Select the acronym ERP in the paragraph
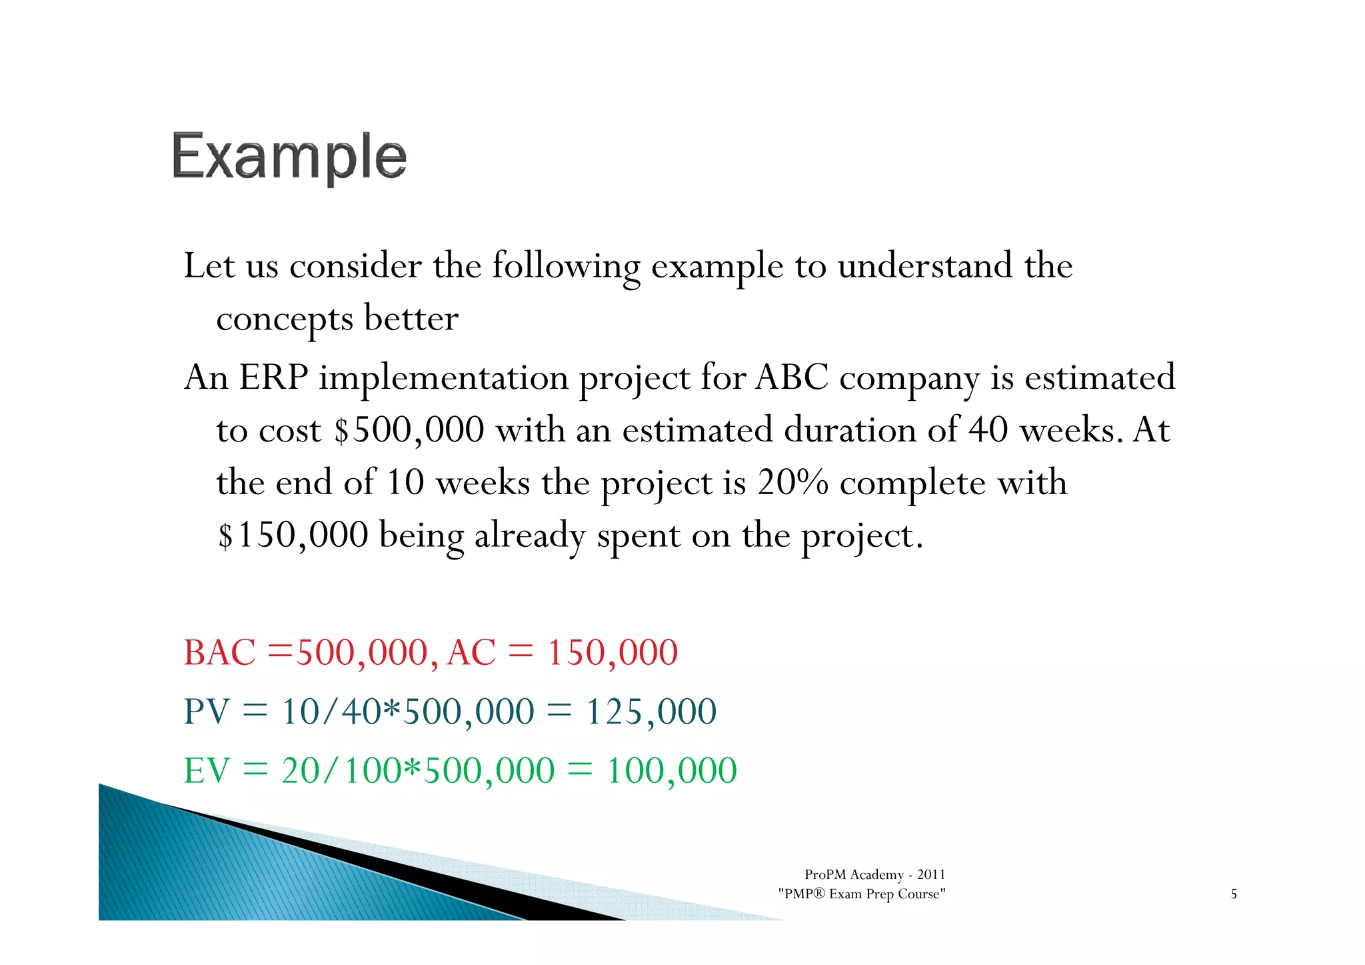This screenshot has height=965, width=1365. [x=273, y=377]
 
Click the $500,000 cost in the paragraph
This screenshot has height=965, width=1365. [x=409, y=430]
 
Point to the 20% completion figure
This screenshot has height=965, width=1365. [x=792, y=483]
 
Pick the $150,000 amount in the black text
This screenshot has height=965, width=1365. [x=293, y=536]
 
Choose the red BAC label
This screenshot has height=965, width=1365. [x=219, y=652]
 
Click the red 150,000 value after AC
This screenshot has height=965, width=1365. [x=612, y=652]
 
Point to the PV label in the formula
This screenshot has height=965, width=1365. [x=207, y=712]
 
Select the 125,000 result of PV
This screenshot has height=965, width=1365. [x=651, y=712]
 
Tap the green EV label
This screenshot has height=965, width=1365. [x=207, y=771]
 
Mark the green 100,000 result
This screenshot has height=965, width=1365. [x=671, y=771]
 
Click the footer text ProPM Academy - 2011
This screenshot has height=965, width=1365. [x=874, y=874]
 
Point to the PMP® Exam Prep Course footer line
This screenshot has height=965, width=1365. [x=861, y=894]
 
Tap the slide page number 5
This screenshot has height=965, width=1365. [x=1234, y=894]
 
